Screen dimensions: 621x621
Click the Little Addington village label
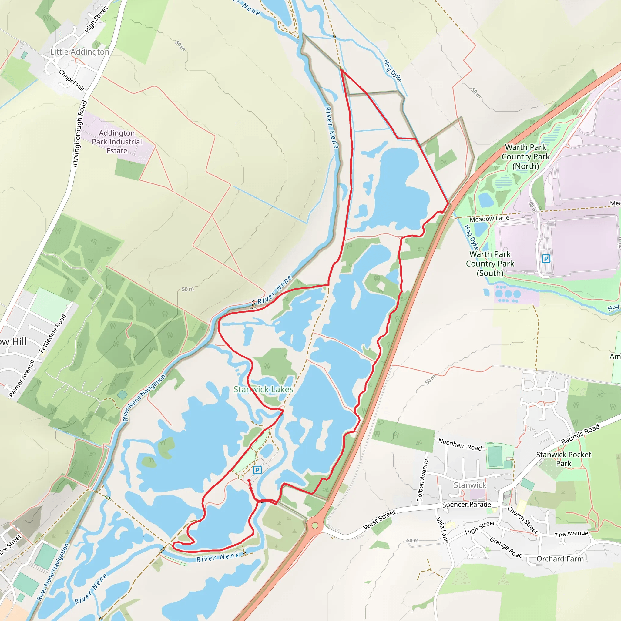point(80,52)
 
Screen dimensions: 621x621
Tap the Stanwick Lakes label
point(263,389)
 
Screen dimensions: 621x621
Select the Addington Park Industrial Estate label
point(117,142)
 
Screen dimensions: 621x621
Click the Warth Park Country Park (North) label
point(525,156)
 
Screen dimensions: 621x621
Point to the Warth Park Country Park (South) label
point(490,264)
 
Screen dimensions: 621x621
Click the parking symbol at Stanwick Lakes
point(257,470)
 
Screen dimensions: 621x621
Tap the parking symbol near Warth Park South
point(546,258)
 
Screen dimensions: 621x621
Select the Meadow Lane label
point(489,219)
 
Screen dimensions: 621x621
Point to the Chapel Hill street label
point(71,80)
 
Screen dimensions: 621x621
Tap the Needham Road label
point(460,445)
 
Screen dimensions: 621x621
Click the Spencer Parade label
point(466,505)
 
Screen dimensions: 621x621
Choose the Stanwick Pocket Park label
point(563,459)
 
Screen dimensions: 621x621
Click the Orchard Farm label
point(560,559)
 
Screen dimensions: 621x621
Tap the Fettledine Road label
point(52,333)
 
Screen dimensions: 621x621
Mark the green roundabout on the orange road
point(315,525)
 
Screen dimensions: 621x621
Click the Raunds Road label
point(580,434)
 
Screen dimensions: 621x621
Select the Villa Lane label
point(442,530)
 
